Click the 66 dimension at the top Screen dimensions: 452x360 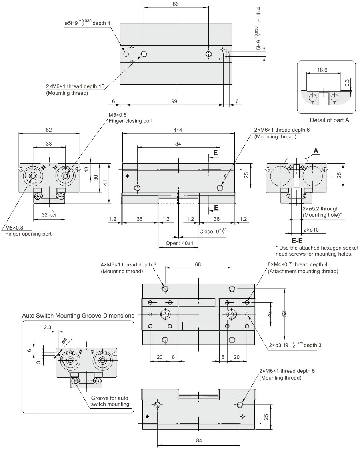point(176,4)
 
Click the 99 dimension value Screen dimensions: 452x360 point(174,102)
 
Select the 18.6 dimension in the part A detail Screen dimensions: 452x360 point(322,70)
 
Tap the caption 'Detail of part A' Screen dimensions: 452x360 point(330,120)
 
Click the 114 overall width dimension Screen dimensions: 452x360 point(179,130)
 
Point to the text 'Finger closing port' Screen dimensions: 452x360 point(130,121)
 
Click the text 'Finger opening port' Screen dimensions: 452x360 point(28,234)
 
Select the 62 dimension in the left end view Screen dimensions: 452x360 point(49,130)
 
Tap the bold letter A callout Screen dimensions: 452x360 point(316,151)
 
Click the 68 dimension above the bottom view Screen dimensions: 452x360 point(198,264)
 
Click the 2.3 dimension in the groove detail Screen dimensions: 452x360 point(47,327)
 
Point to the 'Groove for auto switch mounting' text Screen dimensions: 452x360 point(110,401)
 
